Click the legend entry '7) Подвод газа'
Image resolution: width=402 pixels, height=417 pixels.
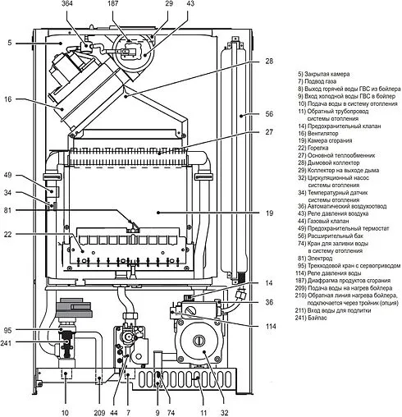coord(322,82)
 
